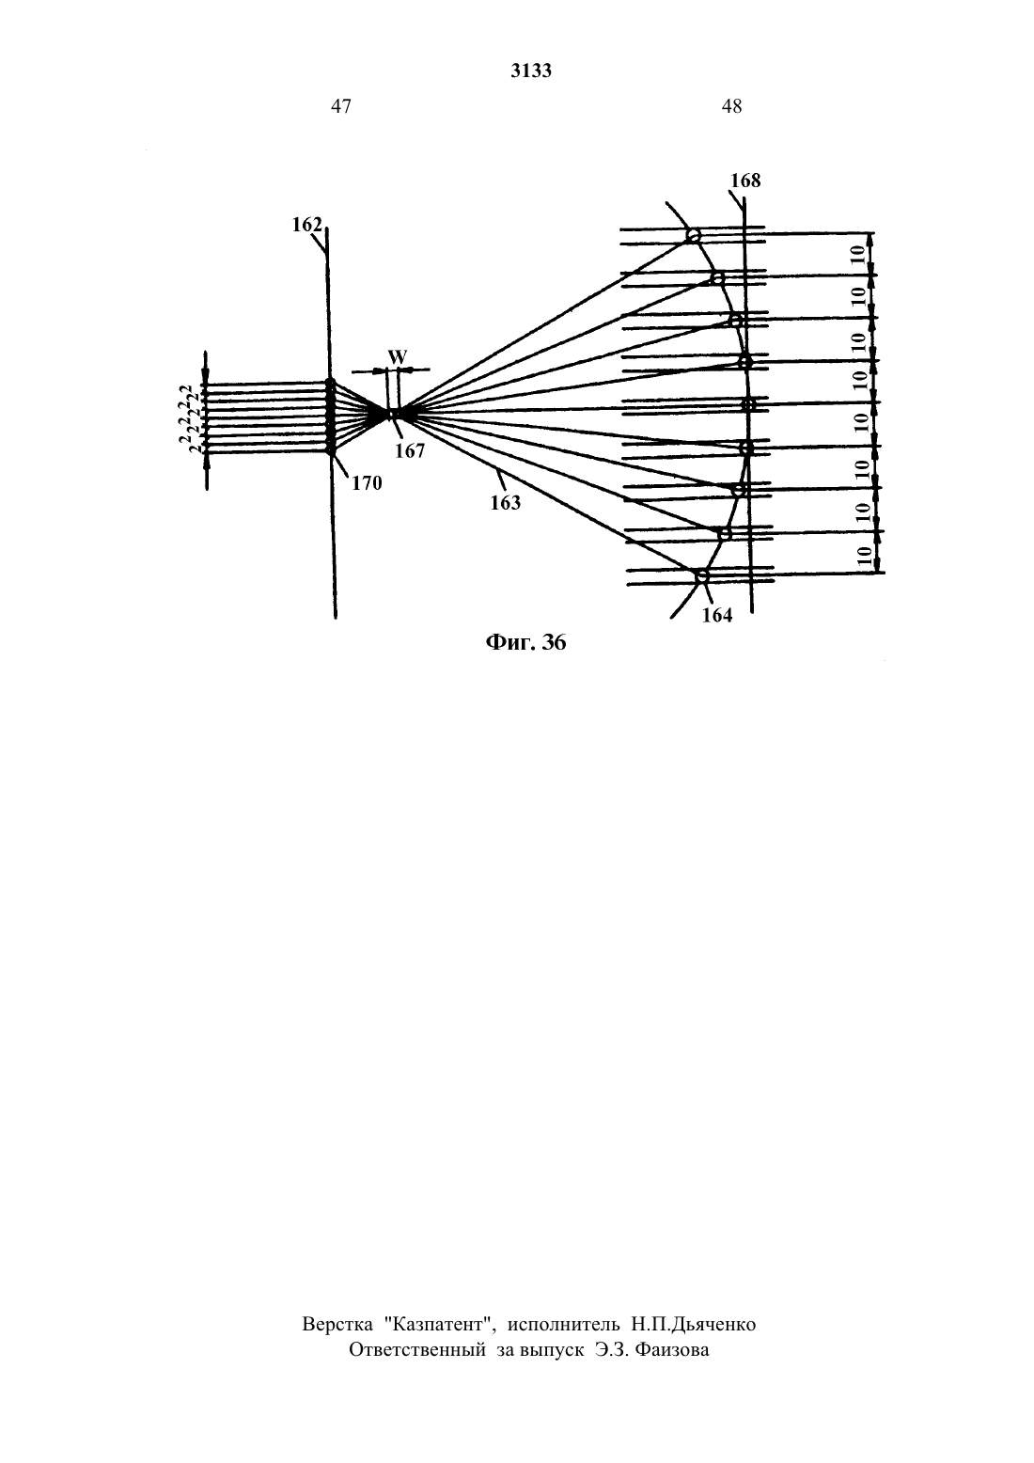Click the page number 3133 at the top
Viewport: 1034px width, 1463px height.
click(531, 71)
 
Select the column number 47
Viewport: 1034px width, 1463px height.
click(340, 106)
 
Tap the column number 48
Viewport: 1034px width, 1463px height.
click(731, 106)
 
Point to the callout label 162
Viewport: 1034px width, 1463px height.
click(306, 225)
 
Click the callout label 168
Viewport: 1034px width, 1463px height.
click(745, 181)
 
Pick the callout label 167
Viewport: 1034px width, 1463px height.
click(409, 450)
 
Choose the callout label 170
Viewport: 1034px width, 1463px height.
click(367, 483)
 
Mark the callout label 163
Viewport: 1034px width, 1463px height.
click(506, 503)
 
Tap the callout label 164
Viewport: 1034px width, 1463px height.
click(716, 615)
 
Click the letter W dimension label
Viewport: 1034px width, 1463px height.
click(398, 357)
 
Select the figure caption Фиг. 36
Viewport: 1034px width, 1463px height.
click(525, 643)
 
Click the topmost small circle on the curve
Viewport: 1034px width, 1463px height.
click(693, 235)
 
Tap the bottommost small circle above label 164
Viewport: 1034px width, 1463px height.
click(702, 576)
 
